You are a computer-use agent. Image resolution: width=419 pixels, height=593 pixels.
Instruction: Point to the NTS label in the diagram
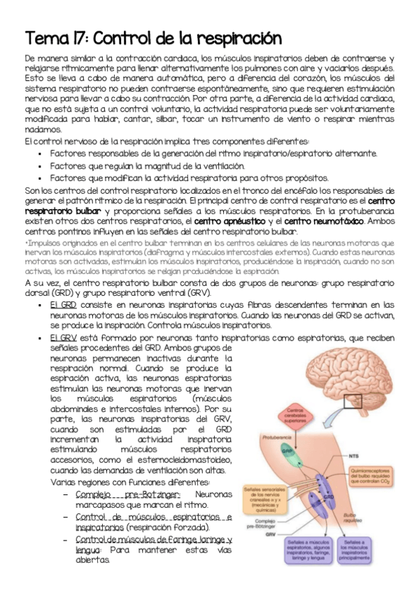[x=355, y=456]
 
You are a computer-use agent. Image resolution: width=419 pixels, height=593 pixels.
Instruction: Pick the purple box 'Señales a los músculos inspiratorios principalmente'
[x=366, y=557]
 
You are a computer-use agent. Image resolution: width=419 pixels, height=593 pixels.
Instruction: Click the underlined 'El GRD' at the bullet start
[x=64, y=305]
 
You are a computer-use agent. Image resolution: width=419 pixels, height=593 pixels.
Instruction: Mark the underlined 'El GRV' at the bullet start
[x=63, y=338]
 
